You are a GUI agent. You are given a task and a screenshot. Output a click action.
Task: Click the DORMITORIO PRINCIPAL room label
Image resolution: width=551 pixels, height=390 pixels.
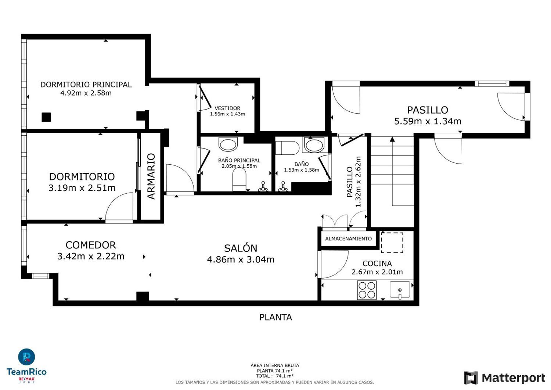pos(86,85)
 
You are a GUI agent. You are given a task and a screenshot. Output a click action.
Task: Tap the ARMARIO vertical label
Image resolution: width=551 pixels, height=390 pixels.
pos(151,176)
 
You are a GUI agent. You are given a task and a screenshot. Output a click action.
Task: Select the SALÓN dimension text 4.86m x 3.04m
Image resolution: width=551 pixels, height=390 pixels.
pos(241,260)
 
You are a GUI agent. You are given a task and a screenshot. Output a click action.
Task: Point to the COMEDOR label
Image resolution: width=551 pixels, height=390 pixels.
pos(91,245)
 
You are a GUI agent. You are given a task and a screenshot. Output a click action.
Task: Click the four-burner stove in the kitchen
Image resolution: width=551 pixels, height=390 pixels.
pos(367,290)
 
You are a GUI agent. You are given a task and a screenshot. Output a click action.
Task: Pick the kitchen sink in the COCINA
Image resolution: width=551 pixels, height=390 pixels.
pos(400,290)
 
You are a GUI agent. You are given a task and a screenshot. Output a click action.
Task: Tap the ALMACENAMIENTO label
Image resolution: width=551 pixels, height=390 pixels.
pos(348,239)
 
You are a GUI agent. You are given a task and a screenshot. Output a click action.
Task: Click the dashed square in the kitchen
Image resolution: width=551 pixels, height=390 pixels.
pos(392,243)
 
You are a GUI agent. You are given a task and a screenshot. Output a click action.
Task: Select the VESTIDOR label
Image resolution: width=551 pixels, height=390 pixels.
pos(227,108)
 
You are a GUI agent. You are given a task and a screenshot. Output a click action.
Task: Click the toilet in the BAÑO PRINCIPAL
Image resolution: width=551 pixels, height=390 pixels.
pos(240,179)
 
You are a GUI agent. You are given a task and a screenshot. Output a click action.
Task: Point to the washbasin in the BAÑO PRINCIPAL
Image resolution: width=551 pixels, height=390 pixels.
pos(228,144)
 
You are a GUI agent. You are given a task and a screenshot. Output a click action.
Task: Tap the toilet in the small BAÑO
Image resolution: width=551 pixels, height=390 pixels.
pos(287,148)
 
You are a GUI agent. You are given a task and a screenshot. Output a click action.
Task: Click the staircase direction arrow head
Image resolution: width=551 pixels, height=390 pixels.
pos(392,139)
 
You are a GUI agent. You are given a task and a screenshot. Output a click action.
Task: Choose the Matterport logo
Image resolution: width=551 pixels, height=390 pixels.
pos(504,378)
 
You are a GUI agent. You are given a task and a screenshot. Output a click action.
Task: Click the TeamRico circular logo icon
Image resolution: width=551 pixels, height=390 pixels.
pos(26,357)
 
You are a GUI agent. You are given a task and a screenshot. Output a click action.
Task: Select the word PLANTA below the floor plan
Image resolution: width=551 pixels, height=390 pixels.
pos(275,317)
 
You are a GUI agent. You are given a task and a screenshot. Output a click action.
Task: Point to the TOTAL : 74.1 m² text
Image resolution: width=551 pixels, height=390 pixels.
pos(274,376)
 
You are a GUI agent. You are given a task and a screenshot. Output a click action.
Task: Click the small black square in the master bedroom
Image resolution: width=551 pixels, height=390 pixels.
pos(46,117)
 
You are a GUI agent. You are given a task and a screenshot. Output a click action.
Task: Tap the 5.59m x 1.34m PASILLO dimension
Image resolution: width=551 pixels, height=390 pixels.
pos(428,121)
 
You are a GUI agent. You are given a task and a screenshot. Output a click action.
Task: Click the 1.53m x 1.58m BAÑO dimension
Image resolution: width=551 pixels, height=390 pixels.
pos(302,170)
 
